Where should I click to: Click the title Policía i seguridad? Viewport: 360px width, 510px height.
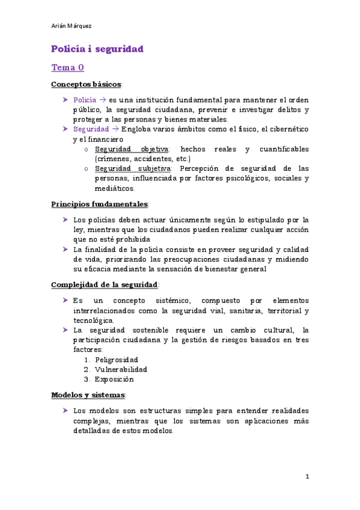coord(97,49)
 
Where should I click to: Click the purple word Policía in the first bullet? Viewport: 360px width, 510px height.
coord(84,99)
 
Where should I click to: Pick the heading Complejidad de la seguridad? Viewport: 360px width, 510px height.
coord(105,284)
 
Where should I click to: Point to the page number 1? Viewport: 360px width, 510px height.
coord(307,477)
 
